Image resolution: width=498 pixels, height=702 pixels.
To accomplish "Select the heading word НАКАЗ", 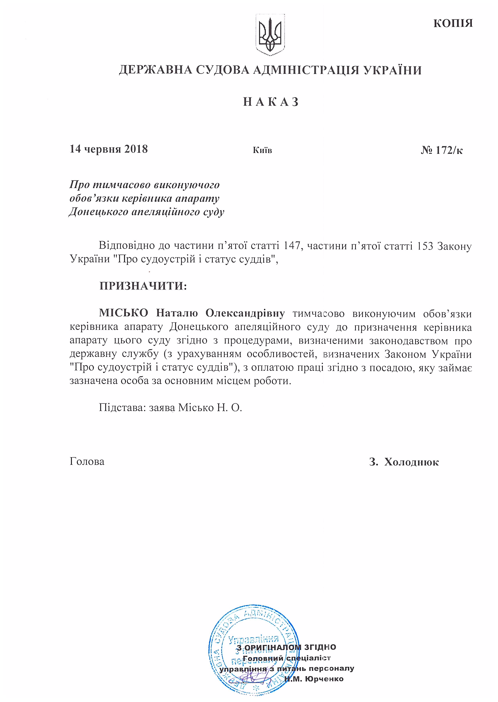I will [271, 102].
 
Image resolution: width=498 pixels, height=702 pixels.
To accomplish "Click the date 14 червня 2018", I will [109, 149].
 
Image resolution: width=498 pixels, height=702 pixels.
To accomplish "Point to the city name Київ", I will [262, 150].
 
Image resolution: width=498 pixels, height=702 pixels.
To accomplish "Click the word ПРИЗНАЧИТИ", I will [143, 286].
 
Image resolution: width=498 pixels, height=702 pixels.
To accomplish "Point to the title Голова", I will [87, 462].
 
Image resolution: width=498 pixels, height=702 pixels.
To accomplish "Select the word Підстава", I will [122, 408].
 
